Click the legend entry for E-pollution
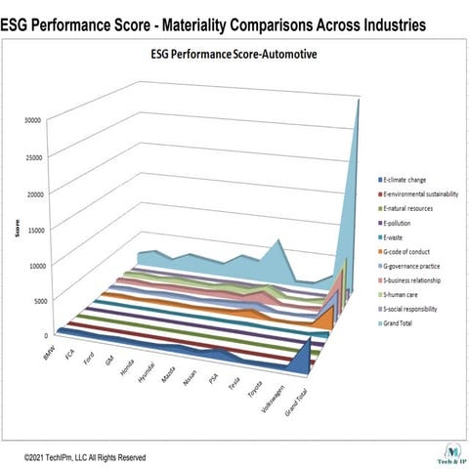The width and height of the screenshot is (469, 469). click(401, 222)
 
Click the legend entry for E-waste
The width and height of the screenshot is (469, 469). click(396, 236)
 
